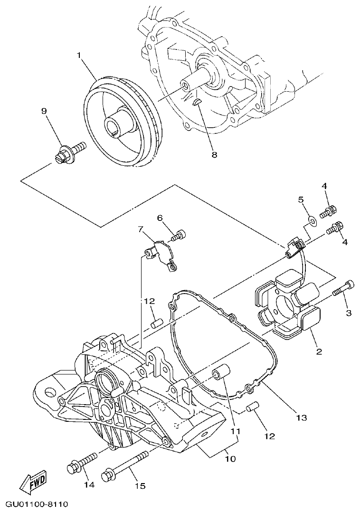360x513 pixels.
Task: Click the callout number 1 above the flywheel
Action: pos(79,56)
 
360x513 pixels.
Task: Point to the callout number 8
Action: pos(214,155)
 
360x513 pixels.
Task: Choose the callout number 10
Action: pos(230,459)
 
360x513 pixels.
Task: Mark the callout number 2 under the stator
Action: pos(319,351)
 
